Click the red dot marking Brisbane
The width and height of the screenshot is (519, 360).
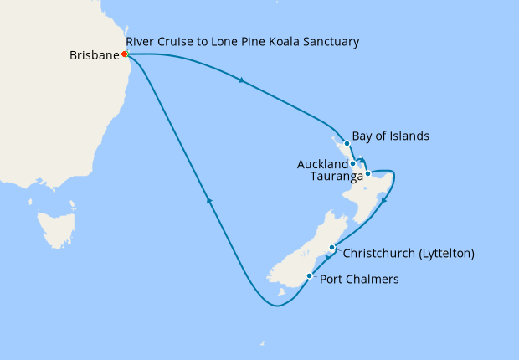tap(125, 54)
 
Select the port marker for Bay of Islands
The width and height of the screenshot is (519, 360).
tap(347, 143)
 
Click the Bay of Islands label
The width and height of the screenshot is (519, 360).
tap(391, 135)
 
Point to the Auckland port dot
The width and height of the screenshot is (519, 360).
tap(353, 163)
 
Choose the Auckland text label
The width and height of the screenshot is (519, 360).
tap(322, 164)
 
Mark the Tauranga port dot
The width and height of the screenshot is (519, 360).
tap(367, 174)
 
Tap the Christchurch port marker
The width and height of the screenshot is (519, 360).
tap(332, 247)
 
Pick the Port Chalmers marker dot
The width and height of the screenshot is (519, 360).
tap(310, 276)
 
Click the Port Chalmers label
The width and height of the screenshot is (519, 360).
tap(360, 280)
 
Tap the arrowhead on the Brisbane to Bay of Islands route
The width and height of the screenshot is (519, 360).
tap(242, 81)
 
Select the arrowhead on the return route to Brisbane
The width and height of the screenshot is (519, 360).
tap(209, 201)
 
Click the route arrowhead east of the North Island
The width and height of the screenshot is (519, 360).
tap(383, 199)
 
